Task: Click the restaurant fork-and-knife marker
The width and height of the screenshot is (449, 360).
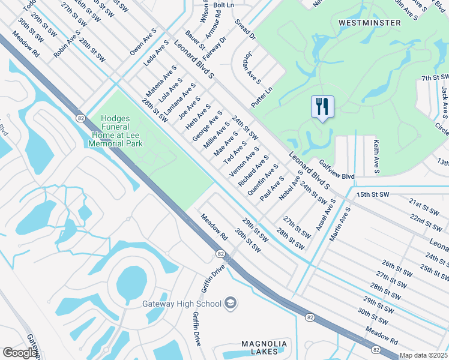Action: tap(322, 107)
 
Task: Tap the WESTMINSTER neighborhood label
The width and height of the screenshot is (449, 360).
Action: tap(369, 23)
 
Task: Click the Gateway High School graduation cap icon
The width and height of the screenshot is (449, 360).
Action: tap(230, 304)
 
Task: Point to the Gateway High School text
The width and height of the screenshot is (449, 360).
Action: tap(181, 304)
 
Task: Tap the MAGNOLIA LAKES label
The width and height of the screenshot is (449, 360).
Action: tap(264, 347)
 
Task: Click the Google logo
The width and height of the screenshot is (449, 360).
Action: tap(20, 352)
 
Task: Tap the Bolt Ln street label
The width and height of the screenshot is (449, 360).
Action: tap(223, 5)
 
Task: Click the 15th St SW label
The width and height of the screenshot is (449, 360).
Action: tap(373, 195)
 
